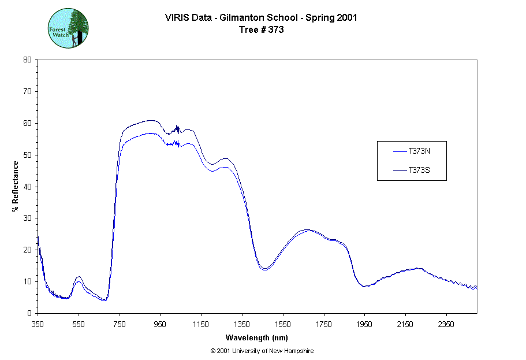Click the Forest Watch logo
tap(68, 28)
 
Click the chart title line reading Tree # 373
tap(261, 30)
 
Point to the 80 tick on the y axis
tap(27, 60)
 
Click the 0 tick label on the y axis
tap(29, 313)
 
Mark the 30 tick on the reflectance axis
tap(27, 218)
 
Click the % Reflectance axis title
tap(15, 186)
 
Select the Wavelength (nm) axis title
tap(257, 337)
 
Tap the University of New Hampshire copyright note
tap(262, 351)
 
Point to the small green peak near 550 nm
tap(79, 279)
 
